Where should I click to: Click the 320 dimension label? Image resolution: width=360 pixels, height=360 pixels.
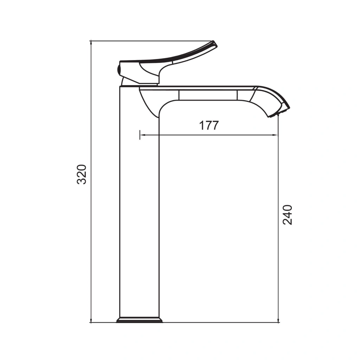click(x=82, y=174)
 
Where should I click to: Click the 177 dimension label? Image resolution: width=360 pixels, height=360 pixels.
click(x=209, y=126)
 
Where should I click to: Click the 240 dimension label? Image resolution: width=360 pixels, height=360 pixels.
click(x=287, y=215)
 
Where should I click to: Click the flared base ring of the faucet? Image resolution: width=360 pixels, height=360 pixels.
click(x=139, y=320)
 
